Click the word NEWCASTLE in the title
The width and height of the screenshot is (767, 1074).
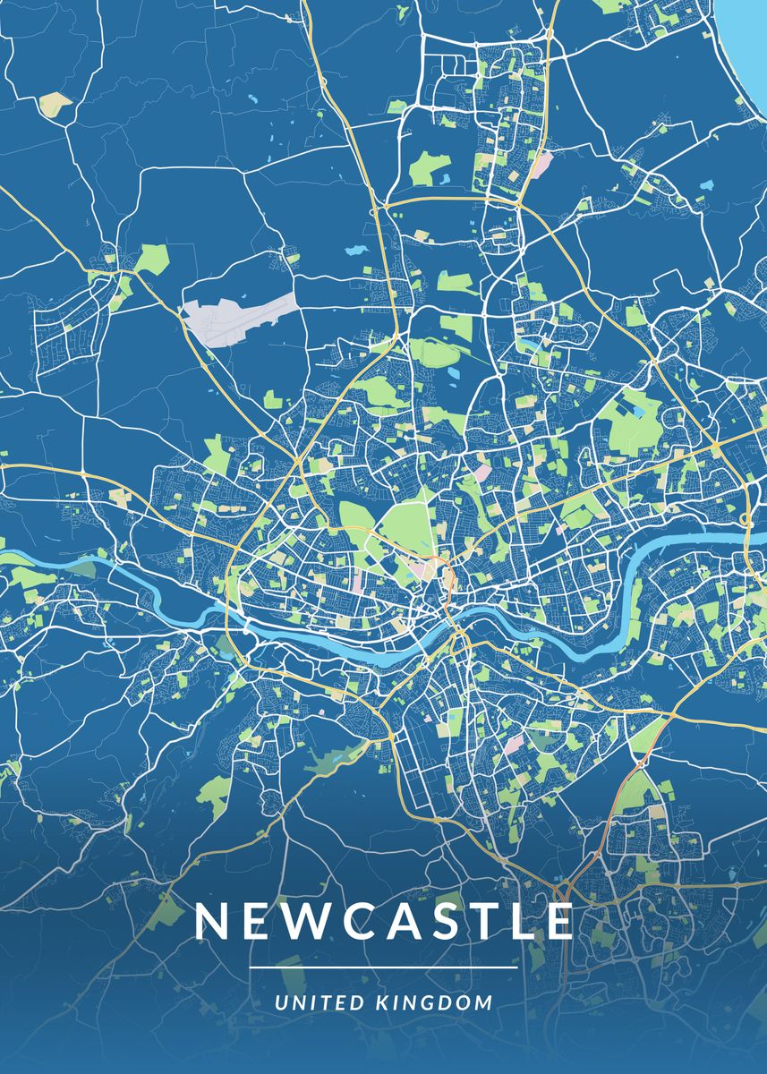384,922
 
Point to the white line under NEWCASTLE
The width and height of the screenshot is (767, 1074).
384,967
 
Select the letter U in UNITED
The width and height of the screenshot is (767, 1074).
281,1002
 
